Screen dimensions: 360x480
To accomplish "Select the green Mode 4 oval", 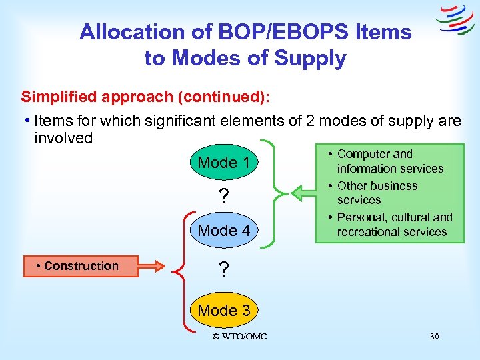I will click(224, 231).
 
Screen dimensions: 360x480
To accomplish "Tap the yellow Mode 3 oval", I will click(224, 310).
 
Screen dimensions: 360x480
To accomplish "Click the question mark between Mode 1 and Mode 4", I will click(224, 197).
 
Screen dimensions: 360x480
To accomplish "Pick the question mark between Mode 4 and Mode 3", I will click(224, 270).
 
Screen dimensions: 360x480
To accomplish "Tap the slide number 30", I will click(434, 337).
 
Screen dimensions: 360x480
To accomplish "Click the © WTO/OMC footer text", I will click(239, 337).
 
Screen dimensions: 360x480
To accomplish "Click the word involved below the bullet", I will click(63, 138).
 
